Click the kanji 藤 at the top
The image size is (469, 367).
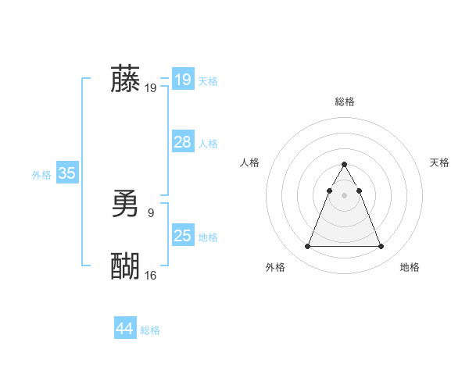[125, 80]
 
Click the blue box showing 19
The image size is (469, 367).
[183, 80]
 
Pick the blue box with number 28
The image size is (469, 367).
[183, 142]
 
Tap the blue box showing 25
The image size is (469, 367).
[183, 236]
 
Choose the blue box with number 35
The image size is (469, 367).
[66, 173]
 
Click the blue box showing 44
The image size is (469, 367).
[124, 329]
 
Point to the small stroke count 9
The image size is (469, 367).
[151, 212]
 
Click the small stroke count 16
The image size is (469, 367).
[151, 275]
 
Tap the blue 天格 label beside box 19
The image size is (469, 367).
[208, 81]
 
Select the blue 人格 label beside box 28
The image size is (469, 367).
[208, 144]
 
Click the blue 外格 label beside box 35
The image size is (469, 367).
[41, 175]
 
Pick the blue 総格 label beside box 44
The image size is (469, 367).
[150, 330]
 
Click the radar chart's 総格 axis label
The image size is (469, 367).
[345, 102]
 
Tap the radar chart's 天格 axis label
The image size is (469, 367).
[439, 162]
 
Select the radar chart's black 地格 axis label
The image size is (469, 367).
[410, 267]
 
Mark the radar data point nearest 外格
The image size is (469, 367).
[308, 247]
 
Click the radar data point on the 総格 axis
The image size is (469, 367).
[345, 165]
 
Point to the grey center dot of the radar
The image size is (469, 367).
[345, 195]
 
